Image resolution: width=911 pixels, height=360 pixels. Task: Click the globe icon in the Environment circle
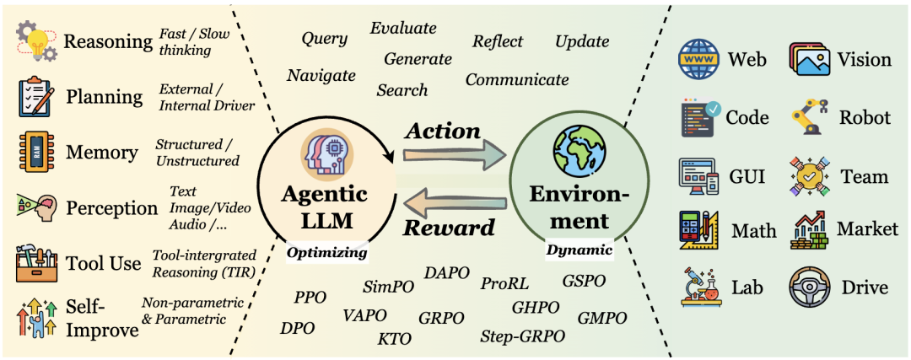(x=578, y=152)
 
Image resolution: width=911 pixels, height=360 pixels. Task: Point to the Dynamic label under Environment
(x=579, y=250)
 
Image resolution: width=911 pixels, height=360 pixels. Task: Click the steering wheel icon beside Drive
(x=810, y=288)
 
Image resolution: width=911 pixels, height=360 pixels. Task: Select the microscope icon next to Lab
(x=698, y=288)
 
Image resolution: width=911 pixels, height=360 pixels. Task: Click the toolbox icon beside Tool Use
(x=37, y=263)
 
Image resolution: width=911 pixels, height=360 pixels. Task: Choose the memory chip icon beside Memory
(x=35, y=153)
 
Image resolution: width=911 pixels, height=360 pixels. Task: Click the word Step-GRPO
(x=522, y=336)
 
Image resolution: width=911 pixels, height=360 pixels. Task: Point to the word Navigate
(x=321, y=75)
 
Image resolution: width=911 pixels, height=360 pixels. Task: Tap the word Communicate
(x=517, y=80)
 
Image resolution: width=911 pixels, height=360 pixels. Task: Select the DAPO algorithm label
(x=445, y=272)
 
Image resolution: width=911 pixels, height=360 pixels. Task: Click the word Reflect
(x=498, y=41)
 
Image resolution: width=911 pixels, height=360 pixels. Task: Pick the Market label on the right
(x=867, y=229)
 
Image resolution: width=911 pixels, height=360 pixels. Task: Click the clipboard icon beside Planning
(x=36, y=97)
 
